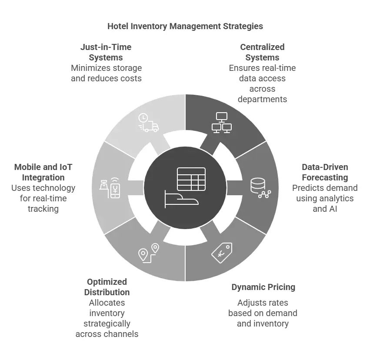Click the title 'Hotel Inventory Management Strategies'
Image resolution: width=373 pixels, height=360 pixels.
(x=185, y=26)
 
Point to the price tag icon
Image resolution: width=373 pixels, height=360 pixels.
(x=222, y=252)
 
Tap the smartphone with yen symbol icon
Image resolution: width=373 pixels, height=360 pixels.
(x=111, y=188)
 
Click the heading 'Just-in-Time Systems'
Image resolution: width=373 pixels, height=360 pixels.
(x=106, y=52)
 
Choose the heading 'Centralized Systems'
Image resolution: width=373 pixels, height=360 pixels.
(x=262, y=52)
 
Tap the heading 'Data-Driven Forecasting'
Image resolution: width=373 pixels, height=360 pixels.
(x=325, y=172)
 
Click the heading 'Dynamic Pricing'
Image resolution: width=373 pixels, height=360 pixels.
(x=263, y=287)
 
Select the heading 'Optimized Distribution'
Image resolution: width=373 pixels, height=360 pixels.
(x=107, y=287)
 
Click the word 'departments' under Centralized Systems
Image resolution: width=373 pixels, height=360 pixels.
(x=262, y=99)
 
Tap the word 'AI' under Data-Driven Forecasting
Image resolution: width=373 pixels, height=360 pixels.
(x=332, y=209)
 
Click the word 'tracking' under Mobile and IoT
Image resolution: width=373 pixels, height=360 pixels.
(x=43, y=209)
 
